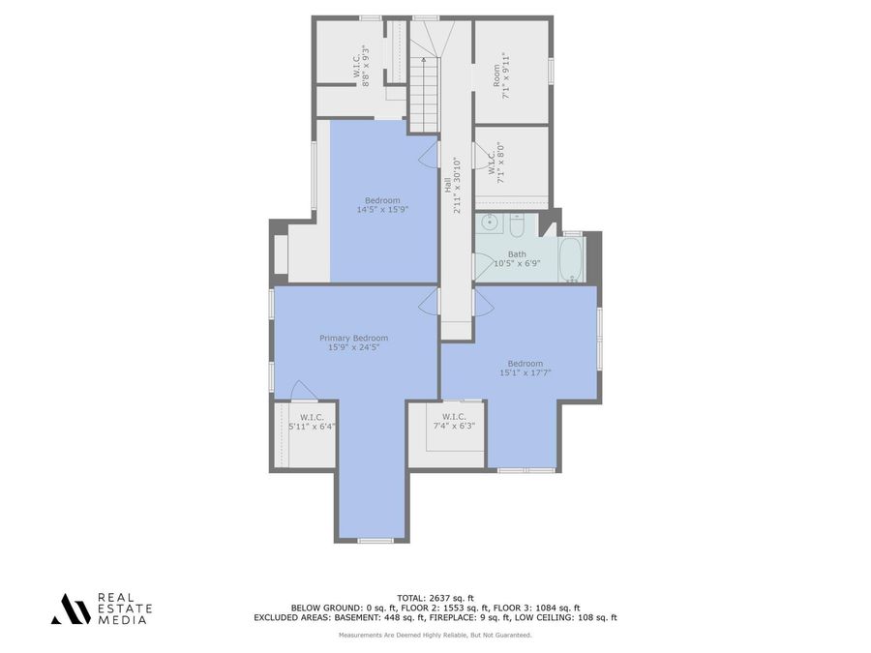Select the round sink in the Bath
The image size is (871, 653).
491,223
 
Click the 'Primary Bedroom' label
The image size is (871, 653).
354,338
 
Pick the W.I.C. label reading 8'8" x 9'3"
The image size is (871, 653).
361,66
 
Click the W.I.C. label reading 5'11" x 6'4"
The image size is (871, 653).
312,421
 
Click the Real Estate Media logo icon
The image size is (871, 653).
71,608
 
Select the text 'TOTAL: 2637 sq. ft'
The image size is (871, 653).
435,597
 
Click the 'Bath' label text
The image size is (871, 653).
517,254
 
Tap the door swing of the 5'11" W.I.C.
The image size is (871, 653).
303,390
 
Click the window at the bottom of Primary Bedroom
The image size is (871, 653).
375,540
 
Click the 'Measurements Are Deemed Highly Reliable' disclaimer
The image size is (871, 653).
435,635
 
